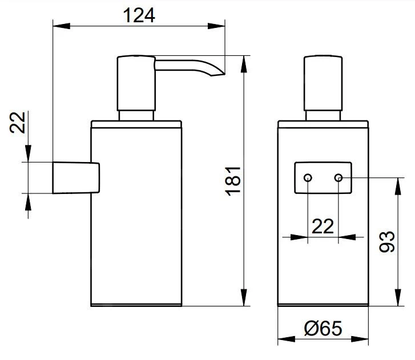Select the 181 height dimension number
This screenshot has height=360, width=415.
click(x=234, y=181)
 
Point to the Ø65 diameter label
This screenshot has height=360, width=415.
click(x=323, y=329)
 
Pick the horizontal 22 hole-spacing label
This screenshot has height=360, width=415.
click(x=323, y=226)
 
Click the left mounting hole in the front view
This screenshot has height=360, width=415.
click(x=308, y=178)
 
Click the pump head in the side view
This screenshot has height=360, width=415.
click(x=136, y=83)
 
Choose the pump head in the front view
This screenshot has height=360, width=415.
click(x=323, y=83)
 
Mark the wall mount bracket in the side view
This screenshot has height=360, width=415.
click(x=76, y=178)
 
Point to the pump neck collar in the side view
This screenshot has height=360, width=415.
click(x=136, y=115)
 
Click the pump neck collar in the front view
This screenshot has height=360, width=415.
click(x=323, y=115)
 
